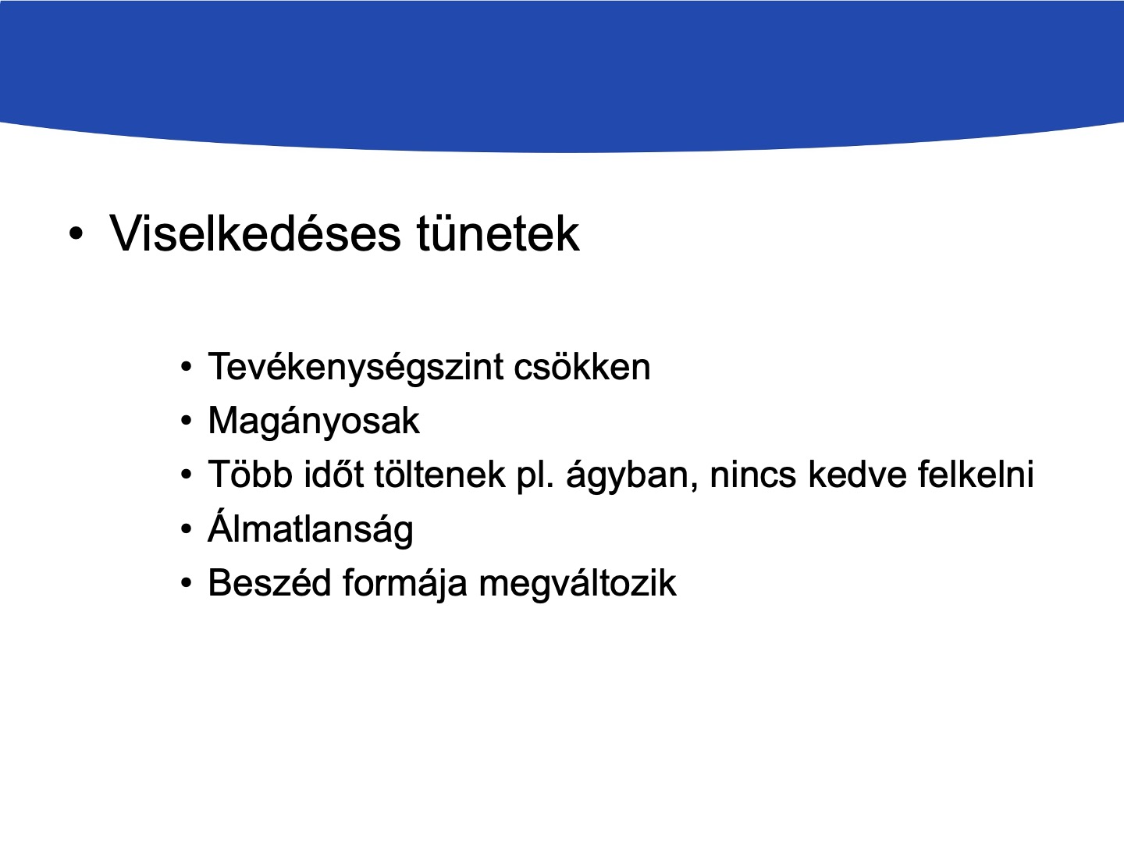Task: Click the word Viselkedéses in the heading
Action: tap(255, 233)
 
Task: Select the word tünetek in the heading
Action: tap(498, 233)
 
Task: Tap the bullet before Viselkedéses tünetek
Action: tap(76, 234)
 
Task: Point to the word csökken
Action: tap(582, 367)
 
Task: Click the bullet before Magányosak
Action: tap(187, 421)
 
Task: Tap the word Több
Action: tap(251, 474)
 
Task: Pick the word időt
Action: tap(334, 474)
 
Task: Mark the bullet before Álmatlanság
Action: tap(187, 528)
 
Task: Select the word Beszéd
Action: tap(269, 582)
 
